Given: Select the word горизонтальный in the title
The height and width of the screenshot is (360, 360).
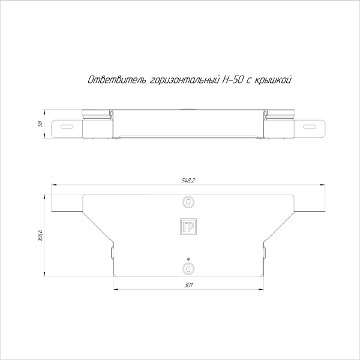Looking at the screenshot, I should pyautogui.click(x=184, y=79).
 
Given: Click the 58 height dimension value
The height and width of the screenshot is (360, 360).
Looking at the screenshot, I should pyautogui.click(x=40, y=124).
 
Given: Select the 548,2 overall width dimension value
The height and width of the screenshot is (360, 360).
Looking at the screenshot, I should pyautogui.click(x=188, y=180).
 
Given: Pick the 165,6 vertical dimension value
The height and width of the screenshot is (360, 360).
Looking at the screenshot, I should pyautogui.click(x=40, y=236).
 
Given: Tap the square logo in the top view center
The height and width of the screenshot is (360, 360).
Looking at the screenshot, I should pyautogui.click(x=188, y=227).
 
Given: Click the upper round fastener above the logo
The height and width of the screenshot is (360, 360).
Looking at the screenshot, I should pyautogui.click(x=188, y=203).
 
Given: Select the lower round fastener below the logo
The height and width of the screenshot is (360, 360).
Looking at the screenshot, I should pyautogui.click(x=188, y=267).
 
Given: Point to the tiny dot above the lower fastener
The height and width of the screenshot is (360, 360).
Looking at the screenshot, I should pyautogui.click(x=188, y=258).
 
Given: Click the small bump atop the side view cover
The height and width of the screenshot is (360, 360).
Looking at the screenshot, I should pyautogui.click(x=188, y=109).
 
